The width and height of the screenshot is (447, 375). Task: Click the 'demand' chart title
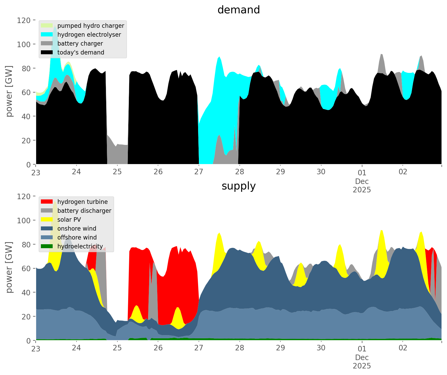pyautogui.click(x=238, y=10)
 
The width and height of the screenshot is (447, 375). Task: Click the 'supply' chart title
pyautogui.click(x=238, y=186)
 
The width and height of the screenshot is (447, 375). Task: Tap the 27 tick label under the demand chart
pyautogui.click(x=199, y=172)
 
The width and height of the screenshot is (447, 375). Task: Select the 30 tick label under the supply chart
pyautogui.click(x=321, y=348)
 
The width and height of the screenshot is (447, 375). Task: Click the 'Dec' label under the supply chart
pyautogui.click(x=362, y=357)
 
